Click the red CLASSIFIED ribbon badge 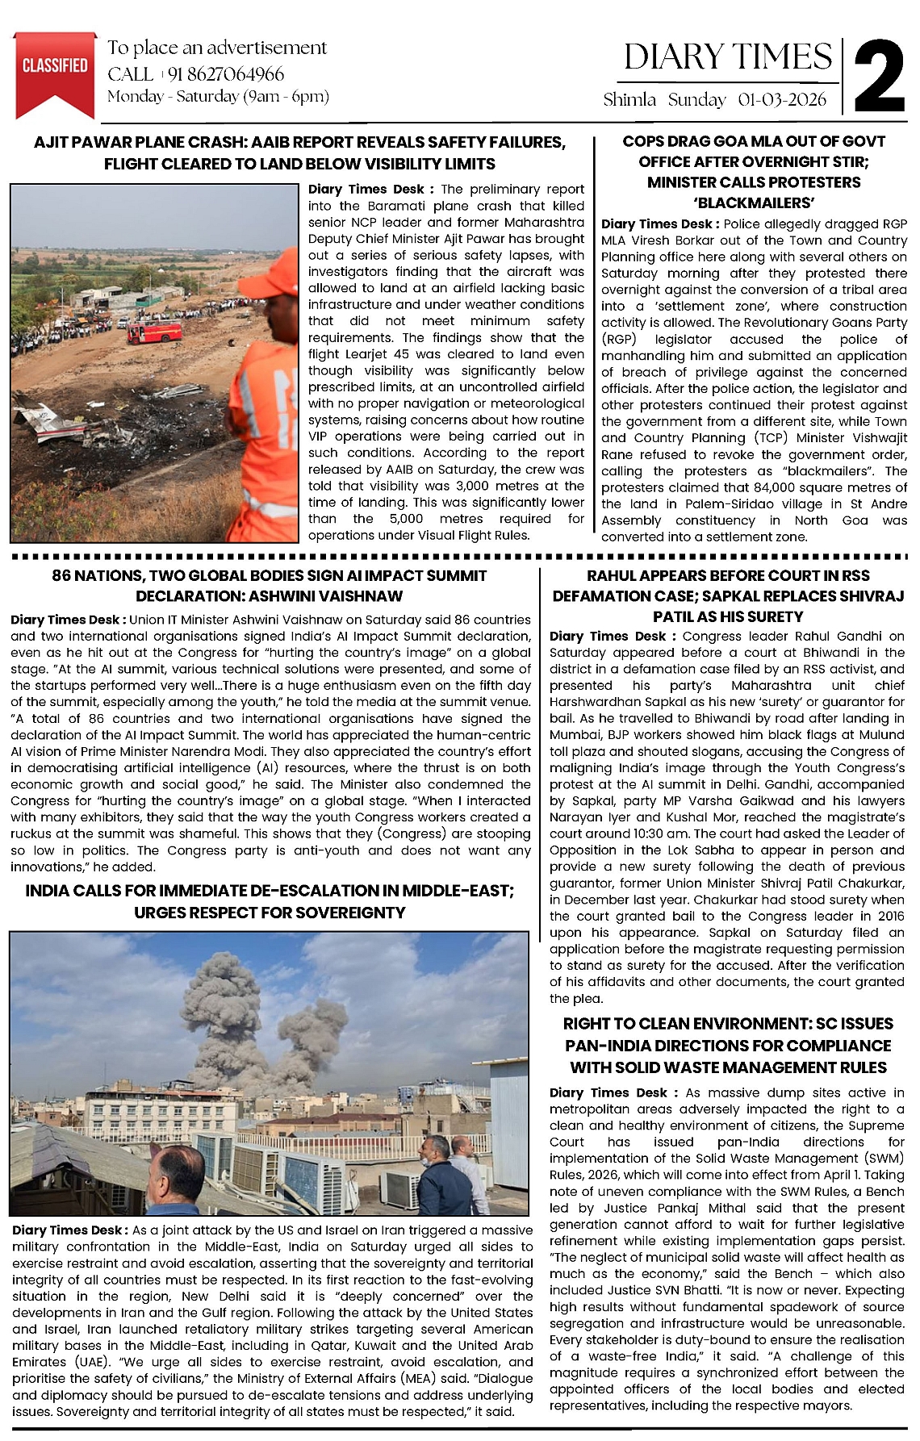click(x=55, y=69)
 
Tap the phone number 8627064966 click(x=226, y=74)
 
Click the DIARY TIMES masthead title click(x=727, y=57)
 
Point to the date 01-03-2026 click(x=782, y=99)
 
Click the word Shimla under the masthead click(x=629, y=99)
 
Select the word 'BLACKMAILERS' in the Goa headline click(x=754, y=203)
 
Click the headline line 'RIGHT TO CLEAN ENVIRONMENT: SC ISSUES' click(x=728, y=1024)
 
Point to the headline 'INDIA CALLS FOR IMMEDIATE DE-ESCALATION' click(x=269, y=891)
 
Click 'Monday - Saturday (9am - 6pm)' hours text click(x=218, y=97)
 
